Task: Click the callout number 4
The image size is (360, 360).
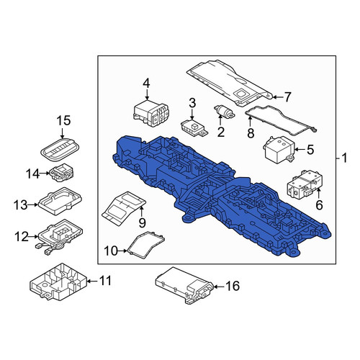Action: tap(146, 84)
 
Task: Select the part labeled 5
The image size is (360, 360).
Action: tap(279, 150)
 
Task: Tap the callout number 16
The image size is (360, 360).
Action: tap(233, 286)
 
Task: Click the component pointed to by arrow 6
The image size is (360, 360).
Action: tap(305, 184)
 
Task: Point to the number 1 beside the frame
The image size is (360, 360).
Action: tap(344, 158)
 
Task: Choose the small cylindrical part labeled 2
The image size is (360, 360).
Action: tap(224, 112)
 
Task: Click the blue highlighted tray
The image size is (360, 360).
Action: tap(221, 197)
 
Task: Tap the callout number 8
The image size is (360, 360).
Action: tap(251, 133)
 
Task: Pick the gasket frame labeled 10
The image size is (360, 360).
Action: tap(146, 245)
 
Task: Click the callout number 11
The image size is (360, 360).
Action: tap(106, 281)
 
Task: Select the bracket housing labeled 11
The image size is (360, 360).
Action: tap(58, 283)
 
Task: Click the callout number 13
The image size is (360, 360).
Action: tap(21, 205)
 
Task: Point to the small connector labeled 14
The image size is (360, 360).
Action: tap(61, 172)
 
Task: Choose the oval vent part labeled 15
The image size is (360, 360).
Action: tap(60, 149)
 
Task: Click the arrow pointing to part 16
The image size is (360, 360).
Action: tap(218, 287)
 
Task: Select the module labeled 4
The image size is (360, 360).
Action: tap(152, 113)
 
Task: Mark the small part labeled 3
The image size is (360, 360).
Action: tap(194, 128)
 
